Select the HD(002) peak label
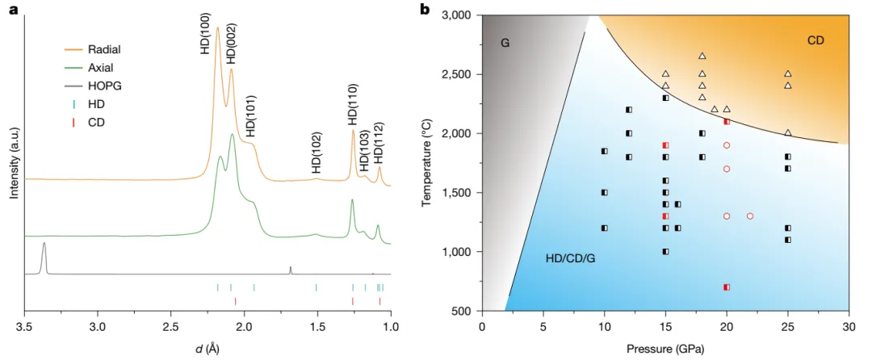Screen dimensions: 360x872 231,44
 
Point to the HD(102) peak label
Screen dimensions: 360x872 317,153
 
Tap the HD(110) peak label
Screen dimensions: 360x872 353,104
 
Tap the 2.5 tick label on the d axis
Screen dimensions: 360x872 170,326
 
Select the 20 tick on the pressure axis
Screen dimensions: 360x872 727,326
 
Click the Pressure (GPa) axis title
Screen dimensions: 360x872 665,349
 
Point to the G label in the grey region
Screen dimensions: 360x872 505,41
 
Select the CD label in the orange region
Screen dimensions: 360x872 815,40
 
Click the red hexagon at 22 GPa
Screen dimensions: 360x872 751,216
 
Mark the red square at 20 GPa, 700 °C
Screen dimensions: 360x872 727,287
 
